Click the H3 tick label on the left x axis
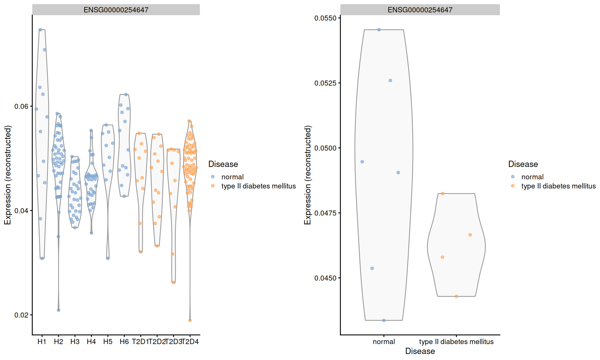coord(75,342)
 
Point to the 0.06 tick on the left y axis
coord(21,107)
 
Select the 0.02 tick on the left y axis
coord(21,315)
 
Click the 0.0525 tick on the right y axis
coord(325,83)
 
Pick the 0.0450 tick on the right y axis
coord(325,278)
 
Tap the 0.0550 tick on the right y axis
coord(325,18)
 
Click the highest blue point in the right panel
coord(379,30)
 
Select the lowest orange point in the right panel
coord(456,296)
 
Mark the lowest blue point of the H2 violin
coord(58,310)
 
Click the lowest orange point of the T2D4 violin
coord(190,320)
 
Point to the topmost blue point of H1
coord(40,30)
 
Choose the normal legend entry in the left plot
coord(232,177)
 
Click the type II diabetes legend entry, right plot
coord(558,186)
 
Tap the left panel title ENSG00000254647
coord(116,10)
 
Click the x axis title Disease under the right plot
coord(420,351)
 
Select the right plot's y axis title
coord(307,175)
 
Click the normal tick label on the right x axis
coord(384,342)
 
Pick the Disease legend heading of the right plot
coord(523,164)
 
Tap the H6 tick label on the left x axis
coord(124,342)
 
